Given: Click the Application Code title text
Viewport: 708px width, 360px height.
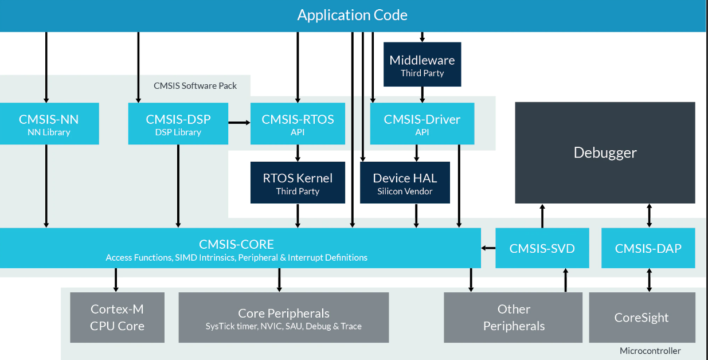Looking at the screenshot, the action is click(x=352, y=15).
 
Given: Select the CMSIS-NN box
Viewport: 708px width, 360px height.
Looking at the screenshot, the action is click(x=49, y=124).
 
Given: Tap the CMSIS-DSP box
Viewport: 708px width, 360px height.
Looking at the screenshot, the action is click(x=178, y=124).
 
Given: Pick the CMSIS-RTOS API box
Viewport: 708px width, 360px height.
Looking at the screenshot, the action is click(x=298, y=124).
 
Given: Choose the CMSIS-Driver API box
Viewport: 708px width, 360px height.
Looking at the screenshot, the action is click(x=422, y=124).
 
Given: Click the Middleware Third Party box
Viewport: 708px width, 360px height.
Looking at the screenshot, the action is click(x=423, y=64).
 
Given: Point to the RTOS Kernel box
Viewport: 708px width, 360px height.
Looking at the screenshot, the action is click(x=298, y=183).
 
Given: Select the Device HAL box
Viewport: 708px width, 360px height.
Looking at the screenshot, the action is click(x=405, y=183).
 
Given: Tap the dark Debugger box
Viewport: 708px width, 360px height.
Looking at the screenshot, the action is click(x=605, y=152).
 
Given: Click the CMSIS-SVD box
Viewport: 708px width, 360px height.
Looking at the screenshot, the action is click(x=542, y=248).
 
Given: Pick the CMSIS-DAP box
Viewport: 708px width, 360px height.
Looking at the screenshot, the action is click(x=648, y=248).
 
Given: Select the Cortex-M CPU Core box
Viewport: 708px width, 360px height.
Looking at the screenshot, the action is click(x=118, y=318).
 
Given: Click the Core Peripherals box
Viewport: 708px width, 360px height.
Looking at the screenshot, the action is click(x=284, y=318).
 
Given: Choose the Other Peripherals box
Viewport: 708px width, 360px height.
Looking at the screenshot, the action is click(x=513, y=318).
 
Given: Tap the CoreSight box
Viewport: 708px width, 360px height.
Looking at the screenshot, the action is click(x=642, y=318).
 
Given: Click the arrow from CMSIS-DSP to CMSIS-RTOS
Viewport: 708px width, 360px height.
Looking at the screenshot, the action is click(x=239, y=123).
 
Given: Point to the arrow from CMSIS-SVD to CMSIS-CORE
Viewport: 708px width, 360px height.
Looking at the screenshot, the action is click(x=488, y=248).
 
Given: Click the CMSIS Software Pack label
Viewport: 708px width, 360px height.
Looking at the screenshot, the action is click(x=195, y=86).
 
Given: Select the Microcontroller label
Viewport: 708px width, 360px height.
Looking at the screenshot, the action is click(x=650, y=351).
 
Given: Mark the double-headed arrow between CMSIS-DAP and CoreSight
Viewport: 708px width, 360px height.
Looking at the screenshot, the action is click(x=649, y=280).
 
